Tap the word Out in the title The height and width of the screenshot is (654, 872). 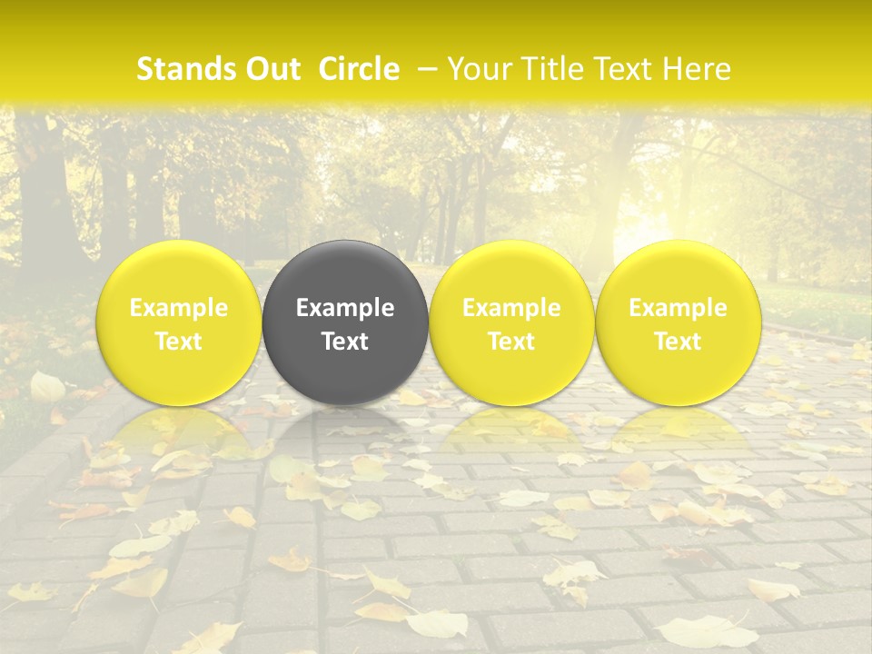[x=270, y=69]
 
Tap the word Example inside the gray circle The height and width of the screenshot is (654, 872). [x=345, y=309]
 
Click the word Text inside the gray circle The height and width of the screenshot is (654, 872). [x=345, y=342]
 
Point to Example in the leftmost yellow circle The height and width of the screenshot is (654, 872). [x=179, y=309]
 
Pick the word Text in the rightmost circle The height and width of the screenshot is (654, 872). [x=678, y=342]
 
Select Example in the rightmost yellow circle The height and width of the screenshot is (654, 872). [x=678, y=309]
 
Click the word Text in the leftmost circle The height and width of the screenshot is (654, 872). [x=179, y=342]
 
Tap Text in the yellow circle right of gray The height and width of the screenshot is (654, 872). [x=511, y=342]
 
